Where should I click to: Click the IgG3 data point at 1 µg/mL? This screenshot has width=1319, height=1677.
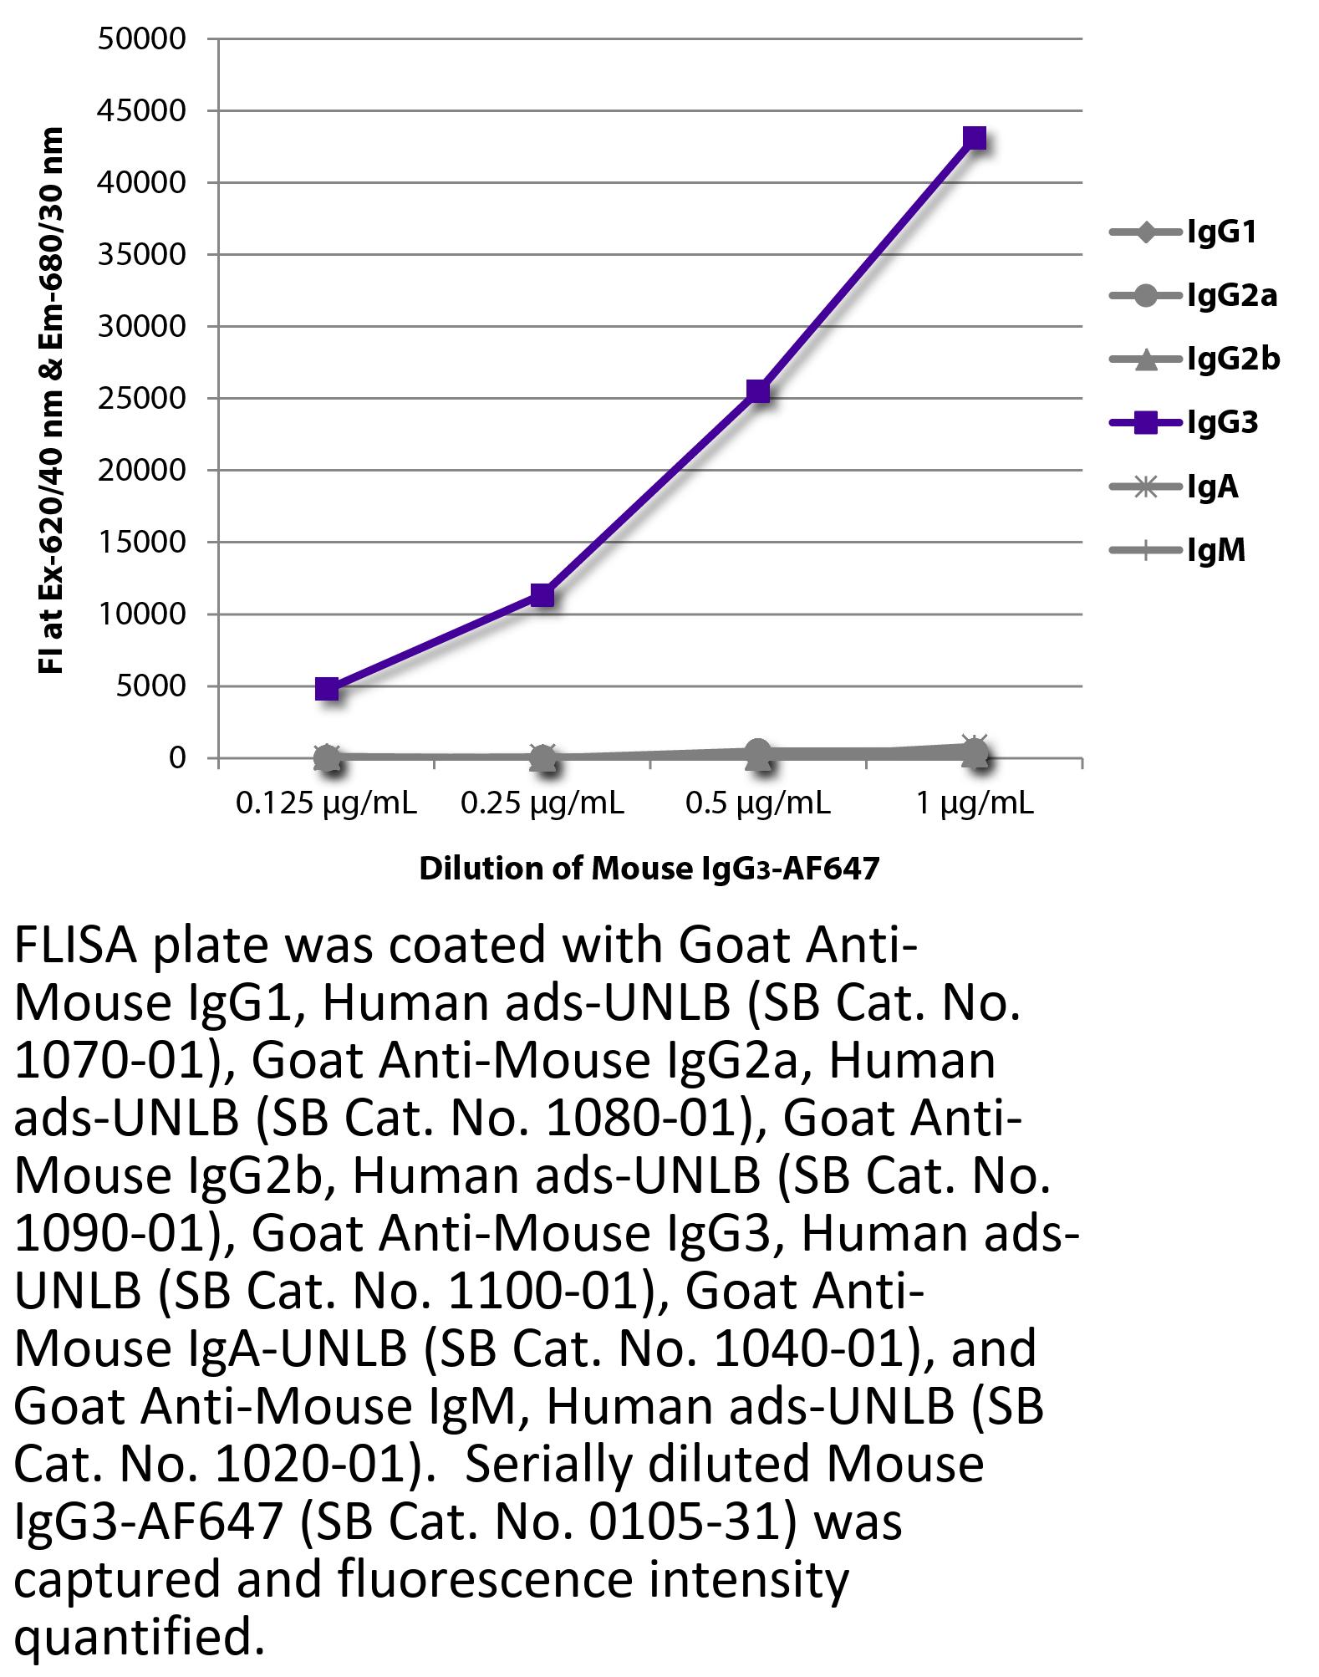pyautogui.click(x=975, y=138)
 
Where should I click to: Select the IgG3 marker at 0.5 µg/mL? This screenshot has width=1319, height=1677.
pyautogui.click(x=758, y=390)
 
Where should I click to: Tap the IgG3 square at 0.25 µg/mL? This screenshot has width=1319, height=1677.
pyautogui.click(x=542, y=595)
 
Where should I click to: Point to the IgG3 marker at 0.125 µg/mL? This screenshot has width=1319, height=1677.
pyautogui.click(x=327, y=689)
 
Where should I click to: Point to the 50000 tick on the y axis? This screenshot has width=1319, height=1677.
pyautogui.click(x=141, y=39)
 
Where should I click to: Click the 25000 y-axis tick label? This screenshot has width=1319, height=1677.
pyautogui.click(x=141, y=399)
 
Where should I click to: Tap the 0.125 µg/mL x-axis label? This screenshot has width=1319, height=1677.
pyautogui.click(x=327, y=803)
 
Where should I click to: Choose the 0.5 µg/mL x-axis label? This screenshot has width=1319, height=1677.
pyautogui.click(x=758, y=803)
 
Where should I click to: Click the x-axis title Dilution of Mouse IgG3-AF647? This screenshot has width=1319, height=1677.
pyautogui.click(x=649, y=869)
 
